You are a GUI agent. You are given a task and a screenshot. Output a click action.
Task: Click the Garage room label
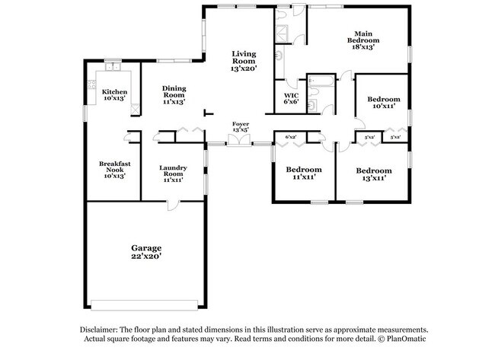point(146,252)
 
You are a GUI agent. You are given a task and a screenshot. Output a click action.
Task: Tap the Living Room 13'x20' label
point(244,61)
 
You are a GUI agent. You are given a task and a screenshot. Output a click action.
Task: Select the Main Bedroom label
point(363,40)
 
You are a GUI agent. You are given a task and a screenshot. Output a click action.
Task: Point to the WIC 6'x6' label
point(291,98)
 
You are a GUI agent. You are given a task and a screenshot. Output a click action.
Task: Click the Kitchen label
point(114,94)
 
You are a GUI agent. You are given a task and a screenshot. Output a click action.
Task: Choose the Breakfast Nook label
point(114,170)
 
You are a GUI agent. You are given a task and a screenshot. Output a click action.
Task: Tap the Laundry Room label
point(173,174)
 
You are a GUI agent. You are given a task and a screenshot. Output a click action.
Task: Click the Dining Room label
point(174,94)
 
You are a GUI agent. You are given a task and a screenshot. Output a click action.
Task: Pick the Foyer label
point(241,126)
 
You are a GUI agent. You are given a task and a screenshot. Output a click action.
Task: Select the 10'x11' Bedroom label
point(384,102)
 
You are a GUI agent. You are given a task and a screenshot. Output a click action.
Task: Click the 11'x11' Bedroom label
point(304,173)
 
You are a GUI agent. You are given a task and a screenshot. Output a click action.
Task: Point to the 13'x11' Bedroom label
point(374,174)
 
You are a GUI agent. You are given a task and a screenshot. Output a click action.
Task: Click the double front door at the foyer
point(239,140)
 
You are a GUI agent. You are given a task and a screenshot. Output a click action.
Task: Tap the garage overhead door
point(144,305)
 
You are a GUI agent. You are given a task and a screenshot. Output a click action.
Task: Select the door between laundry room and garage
point(172,205)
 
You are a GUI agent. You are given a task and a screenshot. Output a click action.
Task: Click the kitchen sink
point(113,66)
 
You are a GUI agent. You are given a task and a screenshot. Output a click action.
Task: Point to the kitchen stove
point(91,84)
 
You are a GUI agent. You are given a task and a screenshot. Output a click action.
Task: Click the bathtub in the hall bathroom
point(321,81)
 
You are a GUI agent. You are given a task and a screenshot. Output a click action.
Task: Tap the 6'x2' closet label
point(290,137)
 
